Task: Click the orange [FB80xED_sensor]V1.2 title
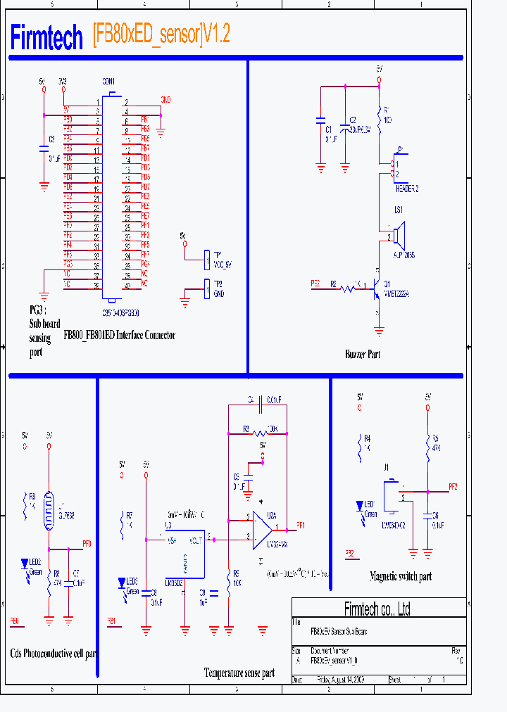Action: pyautogui.click(x=161, y=35)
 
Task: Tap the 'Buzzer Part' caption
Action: pyautogui.click(x=363, y=355)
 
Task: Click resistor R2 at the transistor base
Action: pyautogui.click(x=347, y=288)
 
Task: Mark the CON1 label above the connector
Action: pyautogui.click(x=108, y=82)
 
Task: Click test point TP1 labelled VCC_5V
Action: pyautogui.click(x=206, y=260)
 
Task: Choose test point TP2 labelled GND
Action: pyautogui.click(x=206, y=289)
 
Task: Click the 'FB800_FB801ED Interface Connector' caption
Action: pyautogui.click(x=119, y=336)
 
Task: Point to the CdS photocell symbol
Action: pyautogui.click(x=49, y=510)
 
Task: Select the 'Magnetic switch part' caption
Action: pyautogui.click(x=400, y=576)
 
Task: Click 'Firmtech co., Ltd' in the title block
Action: pyautogui.click(x=377, y=609)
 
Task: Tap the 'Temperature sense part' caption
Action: pyautogui.click(x=239, y=673)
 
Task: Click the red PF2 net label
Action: pyautogui.click(x=453, y=487)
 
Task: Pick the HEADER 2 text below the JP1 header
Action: pyautogui.click(x=407, y=189)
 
